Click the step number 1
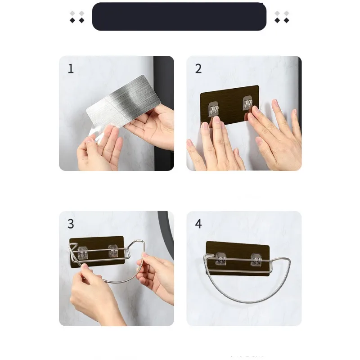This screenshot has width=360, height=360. pos(71,69)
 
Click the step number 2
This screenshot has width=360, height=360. pos(198,69)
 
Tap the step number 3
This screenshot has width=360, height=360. pos(71,224)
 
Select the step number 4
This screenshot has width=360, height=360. pos(198,224)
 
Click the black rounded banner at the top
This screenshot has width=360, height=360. pos(179,17)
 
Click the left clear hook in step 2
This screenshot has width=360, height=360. pos(213,108)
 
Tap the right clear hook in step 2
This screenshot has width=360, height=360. pos(248,103)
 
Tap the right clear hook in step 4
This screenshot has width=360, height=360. pos(256,260)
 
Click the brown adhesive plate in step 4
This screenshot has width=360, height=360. pos(238,258)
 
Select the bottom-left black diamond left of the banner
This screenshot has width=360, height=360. pos(72,20)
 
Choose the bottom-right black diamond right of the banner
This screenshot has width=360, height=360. pos(286,20)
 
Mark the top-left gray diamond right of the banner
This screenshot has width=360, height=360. pos(277,13)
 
